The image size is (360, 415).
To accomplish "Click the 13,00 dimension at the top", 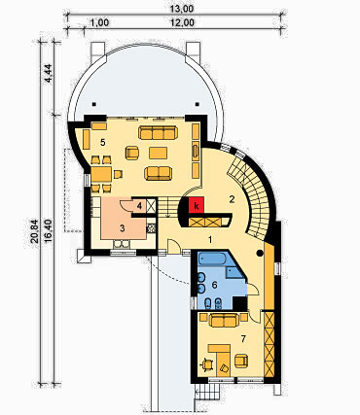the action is pos(182,9).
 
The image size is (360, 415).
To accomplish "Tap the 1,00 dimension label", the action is pos(99,22).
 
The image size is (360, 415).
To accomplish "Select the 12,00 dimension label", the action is pos(182,22).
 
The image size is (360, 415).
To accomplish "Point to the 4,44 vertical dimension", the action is pos(48,75).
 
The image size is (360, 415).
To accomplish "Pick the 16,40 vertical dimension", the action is pos(48,231).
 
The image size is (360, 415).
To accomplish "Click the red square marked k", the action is pos(196,206).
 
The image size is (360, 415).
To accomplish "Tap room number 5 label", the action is pos(103,142).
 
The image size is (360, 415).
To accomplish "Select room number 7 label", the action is pos(243,339).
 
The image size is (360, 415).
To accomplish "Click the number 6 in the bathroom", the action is pos(214,285).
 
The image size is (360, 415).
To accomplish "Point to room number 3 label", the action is pos(122,228).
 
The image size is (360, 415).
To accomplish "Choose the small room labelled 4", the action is pos(139,206).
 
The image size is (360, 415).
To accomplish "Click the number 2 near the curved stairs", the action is pos(232,199).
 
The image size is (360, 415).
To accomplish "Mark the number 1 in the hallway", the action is pos(210,240).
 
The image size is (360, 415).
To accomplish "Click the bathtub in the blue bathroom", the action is pos(211,259).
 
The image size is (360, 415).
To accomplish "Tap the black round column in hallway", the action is pos(260,254).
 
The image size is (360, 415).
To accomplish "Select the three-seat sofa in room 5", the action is pos(158,132).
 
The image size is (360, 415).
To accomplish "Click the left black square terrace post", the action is pos(93,104).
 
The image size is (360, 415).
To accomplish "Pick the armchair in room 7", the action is pos(241,362).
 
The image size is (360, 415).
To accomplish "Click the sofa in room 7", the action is pos(224,320).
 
